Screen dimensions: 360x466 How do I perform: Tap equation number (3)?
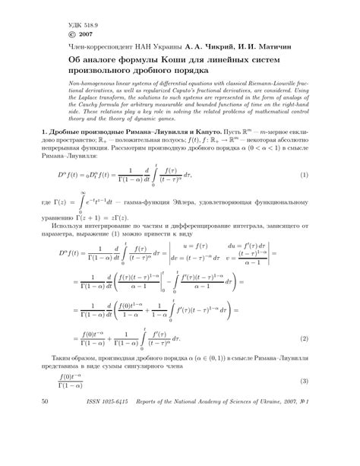click(x=304, y=444)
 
